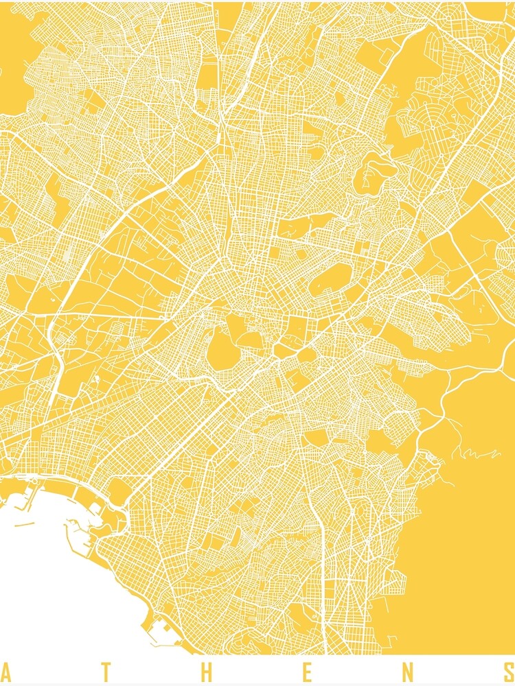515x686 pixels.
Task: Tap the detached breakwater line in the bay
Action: [25, 525]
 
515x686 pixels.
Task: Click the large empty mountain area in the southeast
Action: [460, 549]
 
